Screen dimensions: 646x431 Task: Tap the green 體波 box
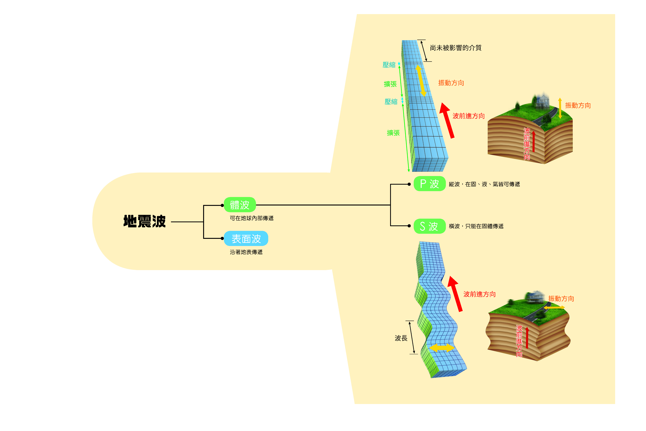point(240,205)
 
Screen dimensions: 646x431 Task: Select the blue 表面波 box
point(246,239)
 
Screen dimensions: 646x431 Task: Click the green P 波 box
point(430,184)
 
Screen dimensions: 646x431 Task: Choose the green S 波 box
point(430,226)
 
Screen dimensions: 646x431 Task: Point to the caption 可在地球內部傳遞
point(252,218)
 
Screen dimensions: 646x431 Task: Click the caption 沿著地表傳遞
point(246,252)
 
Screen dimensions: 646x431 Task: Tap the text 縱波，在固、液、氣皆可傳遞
point(484,184)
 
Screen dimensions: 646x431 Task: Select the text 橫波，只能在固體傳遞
point(476,226)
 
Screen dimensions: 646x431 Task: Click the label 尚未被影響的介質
point(456,48)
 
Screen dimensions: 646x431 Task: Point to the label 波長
point(401,338)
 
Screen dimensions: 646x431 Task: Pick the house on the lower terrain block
point(535,297)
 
